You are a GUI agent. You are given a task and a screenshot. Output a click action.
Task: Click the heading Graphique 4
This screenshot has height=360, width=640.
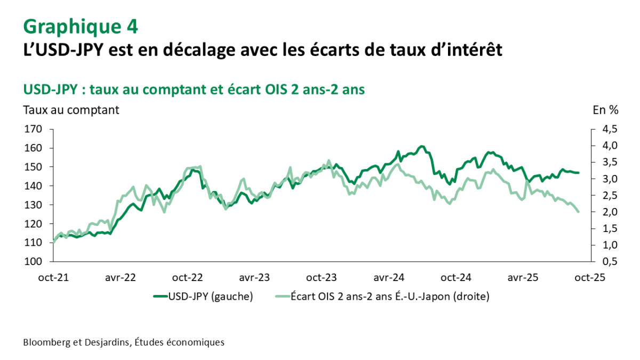pos(81,26)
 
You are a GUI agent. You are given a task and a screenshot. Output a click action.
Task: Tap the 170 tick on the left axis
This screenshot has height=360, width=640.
pos(33,129)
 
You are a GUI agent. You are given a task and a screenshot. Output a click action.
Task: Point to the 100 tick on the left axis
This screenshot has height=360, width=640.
pos(33,261)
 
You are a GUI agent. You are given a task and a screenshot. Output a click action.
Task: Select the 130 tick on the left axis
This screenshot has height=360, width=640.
pos(33,205)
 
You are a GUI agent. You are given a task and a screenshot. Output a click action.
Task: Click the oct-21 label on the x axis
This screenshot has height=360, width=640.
pos(53,278)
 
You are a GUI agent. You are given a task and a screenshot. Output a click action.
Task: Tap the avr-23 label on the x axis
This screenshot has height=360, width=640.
pos(254,278)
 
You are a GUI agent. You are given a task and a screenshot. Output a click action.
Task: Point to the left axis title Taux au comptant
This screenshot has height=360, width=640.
pos(71,110)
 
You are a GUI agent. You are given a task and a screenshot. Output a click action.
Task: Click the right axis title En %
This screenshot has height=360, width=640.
pos(606,110)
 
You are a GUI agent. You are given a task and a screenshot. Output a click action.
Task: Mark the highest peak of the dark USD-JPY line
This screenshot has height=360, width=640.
pos(421,146)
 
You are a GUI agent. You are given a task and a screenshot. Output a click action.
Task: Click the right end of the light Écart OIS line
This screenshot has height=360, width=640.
pos(579,212)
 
